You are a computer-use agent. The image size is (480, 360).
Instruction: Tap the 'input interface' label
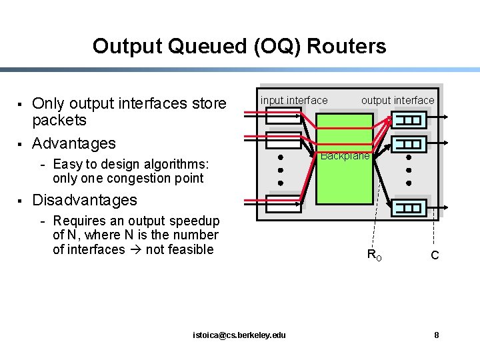(x=294, y=100)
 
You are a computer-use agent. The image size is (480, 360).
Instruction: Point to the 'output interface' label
(x=397, y=100)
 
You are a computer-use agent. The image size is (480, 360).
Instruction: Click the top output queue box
(x=410, y=121)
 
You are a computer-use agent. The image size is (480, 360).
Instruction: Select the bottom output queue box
(x=410, y=207)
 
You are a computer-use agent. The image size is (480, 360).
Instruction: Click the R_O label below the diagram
(x=375, y=254)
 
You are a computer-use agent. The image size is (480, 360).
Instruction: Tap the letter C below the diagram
(x=435, y=255)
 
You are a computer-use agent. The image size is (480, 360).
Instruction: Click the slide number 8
(x=437, y=335)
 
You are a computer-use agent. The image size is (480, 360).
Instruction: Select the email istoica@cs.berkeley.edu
(x=239, y=335)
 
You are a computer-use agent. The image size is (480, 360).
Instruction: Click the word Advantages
(x=74, y=143)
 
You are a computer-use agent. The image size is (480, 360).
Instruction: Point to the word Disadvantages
(x=85, y=200)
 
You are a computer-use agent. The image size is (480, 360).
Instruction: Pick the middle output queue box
(x=410, y=143)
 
